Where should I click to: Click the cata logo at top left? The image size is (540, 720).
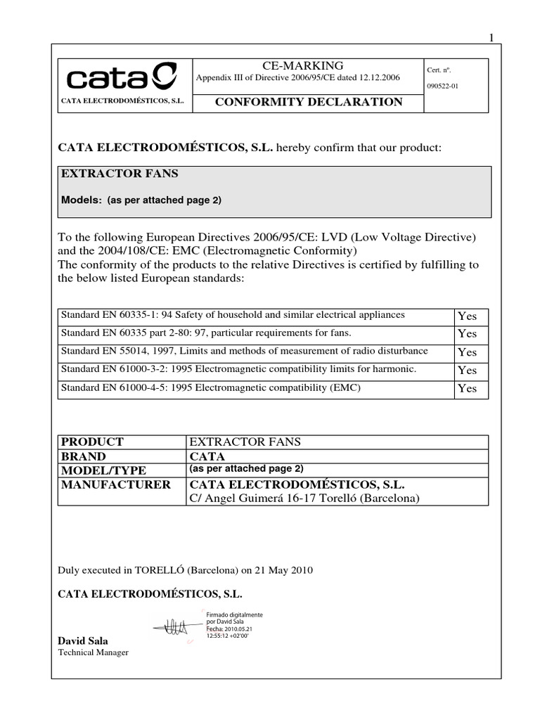click(116, 77)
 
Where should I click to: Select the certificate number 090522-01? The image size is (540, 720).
click(443, 86)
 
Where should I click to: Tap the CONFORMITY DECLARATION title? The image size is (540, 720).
click(308, 102)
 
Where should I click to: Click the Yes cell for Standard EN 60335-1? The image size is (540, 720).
click(467, 316)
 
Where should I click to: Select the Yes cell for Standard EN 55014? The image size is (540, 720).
click(467, 352)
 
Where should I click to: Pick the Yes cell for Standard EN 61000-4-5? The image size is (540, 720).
click(467, 388)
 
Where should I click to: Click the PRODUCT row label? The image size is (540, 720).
click(92, 442)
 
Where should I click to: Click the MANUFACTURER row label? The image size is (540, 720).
click(115, 484)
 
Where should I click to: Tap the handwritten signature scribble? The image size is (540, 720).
click(173, 624)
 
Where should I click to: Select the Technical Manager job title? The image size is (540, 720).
click(93, 652)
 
